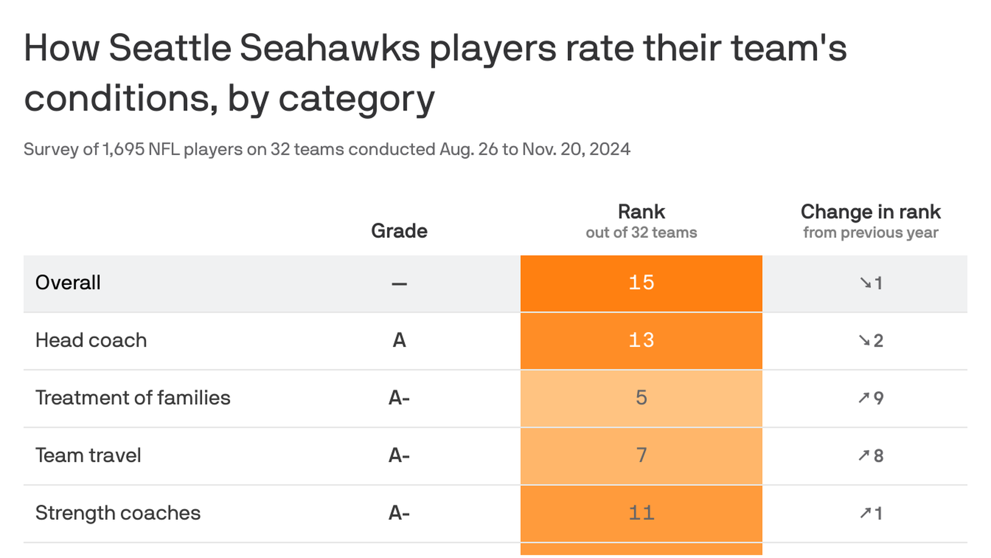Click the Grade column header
click(x=399, y=231)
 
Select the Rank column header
click(x=641, y=212)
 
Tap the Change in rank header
click(x=870, y=212)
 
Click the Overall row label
click(x=68, y=283)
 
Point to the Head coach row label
click(x=91, y=340)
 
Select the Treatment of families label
click(x=133, y=398)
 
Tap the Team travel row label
click(x=88, y=456)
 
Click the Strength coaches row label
click(x=118, y=513)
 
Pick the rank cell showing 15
click(x=641, y=283)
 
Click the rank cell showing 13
click(x=641, y=340)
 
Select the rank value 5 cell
click(x=641, y=398)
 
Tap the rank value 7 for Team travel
click(x=641, y=456)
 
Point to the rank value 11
click(x=641, y=513)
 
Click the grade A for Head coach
click(x=399, y=340)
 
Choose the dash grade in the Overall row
click(x=399, y=284)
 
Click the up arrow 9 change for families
click(x=871, y=398)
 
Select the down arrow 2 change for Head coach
click(x=871, y=340)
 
